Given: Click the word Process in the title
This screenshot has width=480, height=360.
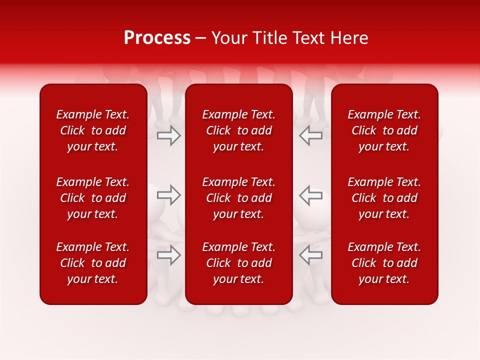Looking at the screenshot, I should point(157,38).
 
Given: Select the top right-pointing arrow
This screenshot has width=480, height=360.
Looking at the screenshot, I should point(169,135).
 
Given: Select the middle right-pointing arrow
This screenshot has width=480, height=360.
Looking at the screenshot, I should point(169,194).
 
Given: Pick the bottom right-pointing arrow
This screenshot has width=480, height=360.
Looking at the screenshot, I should point(169,255).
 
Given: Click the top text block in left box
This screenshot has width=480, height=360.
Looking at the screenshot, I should point(93,130).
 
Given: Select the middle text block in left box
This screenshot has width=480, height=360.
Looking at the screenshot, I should point(93,198).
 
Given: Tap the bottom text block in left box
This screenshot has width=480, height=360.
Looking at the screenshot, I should point(93,263).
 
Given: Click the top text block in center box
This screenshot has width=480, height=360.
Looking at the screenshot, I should point(239,130).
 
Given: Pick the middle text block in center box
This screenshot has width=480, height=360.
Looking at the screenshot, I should point(239,198).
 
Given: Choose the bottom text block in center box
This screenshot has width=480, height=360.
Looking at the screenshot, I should point(239,263).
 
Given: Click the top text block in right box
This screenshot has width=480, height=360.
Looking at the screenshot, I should point(384,130).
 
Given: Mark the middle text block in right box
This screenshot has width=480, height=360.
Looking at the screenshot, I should point(384,198).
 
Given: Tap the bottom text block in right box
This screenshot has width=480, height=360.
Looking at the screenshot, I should point(384,263).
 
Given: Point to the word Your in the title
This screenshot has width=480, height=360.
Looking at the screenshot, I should point(229,38).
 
